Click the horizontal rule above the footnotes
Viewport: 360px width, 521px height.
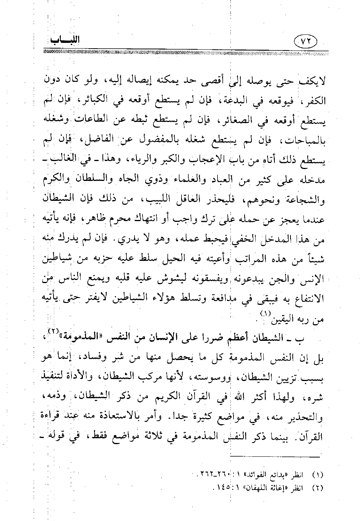pos(275,458)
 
